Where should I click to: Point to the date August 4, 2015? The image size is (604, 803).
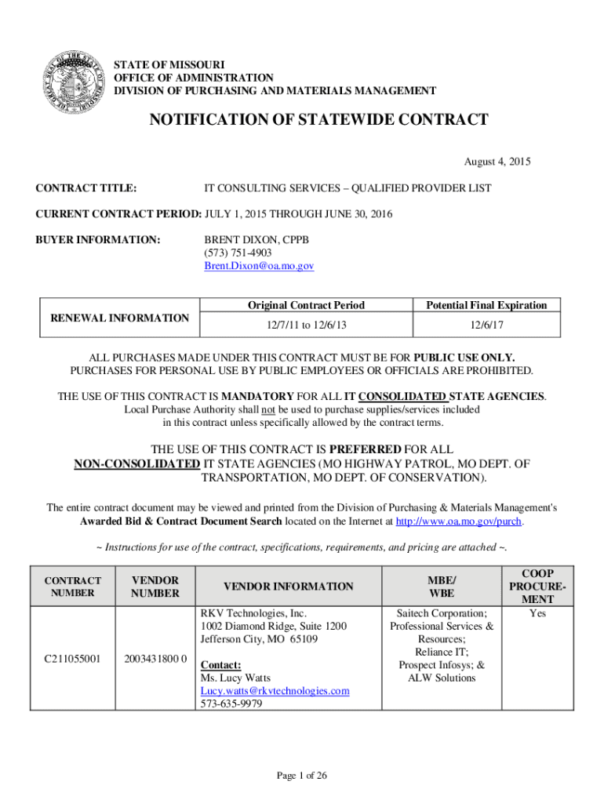(497, 162)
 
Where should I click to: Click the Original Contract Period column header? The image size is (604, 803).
(306, 305)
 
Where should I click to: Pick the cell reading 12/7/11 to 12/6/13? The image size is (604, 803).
(306, 324)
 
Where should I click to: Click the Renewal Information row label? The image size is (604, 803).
(119, 318)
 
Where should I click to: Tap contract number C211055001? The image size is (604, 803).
(72, 659)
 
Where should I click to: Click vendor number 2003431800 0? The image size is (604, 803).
(155, 659)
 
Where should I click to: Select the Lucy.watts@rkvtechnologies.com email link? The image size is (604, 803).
(275, 691)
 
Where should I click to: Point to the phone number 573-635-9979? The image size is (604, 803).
(231, 704)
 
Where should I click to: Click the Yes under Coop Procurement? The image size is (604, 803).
(537, 613)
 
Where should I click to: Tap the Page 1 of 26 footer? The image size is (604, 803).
(302, 776)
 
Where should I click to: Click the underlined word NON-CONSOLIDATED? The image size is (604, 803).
(136, 463)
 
